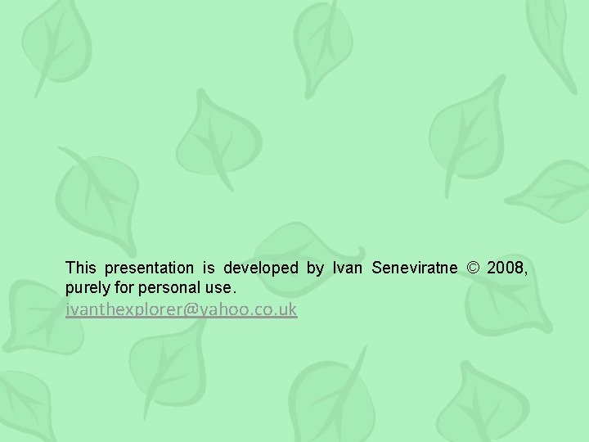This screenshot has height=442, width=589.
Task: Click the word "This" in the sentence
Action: click(81, 268)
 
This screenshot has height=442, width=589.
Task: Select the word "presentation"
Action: click(144, 268)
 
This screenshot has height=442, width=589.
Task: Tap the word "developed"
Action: click(261, 268)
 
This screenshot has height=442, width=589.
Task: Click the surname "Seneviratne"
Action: click(416, 268)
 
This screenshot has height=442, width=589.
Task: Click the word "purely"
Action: click(87, 289)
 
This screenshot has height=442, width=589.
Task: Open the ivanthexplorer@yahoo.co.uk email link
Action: click(182, 309)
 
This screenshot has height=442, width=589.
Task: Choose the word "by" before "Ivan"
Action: click(315, 268)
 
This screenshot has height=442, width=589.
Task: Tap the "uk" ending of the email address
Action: click(289, 309)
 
